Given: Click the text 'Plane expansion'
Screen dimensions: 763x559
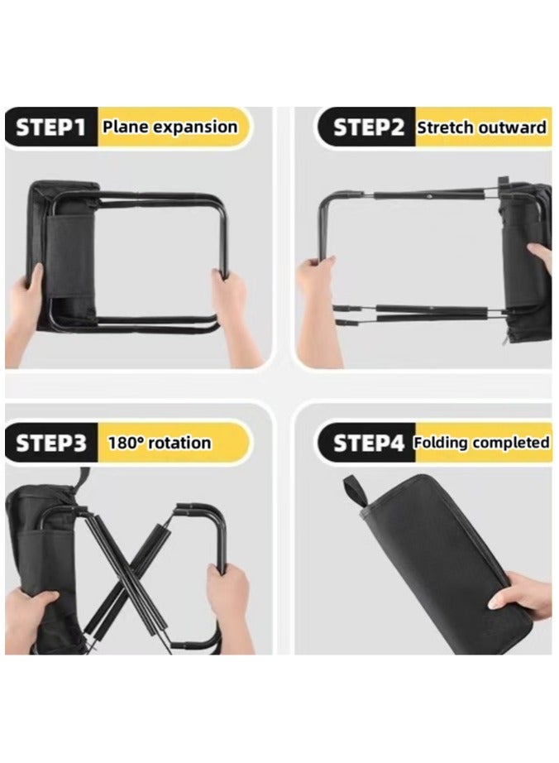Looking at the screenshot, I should click(169, 127).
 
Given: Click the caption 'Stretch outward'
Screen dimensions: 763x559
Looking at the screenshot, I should click(481, 127).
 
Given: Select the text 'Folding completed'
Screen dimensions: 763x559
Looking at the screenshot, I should click(481, 443).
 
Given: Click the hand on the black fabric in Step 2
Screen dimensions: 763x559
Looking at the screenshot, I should click(542, 257).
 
